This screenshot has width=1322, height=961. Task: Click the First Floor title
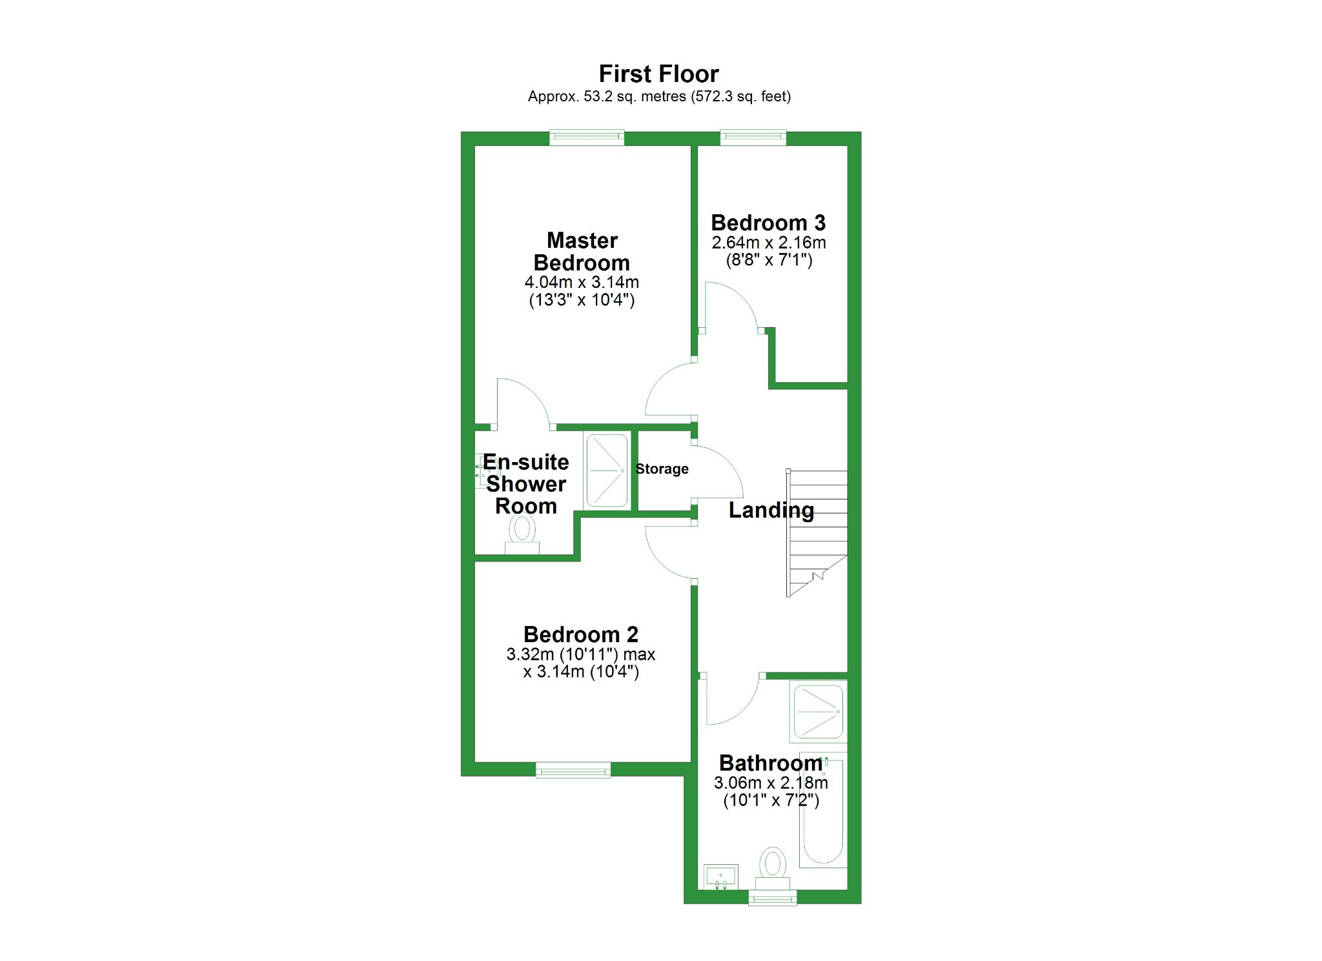point(658,74)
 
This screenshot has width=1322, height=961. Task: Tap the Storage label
point(662,469)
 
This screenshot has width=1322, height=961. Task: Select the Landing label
point(771,511)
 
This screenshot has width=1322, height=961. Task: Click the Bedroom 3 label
point(768,223)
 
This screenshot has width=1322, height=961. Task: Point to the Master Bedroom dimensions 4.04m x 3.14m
point(582,283)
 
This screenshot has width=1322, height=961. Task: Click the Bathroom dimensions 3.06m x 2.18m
point(771,783)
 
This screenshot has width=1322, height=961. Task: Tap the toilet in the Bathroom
point(772,865)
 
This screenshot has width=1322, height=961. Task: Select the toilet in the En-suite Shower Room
point(522,536)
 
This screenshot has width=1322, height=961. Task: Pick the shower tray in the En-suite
point(606,470)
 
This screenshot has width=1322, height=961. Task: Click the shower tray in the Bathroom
point(818,711)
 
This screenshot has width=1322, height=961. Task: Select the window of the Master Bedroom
point(587,137)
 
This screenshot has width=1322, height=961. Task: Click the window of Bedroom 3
point(753,137)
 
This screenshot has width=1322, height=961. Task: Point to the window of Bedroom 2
point(573,769)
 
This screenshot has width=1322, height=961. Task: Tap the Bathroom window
point(772,897)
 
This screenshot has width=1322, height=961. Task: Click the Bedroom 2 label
point(580,634)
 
